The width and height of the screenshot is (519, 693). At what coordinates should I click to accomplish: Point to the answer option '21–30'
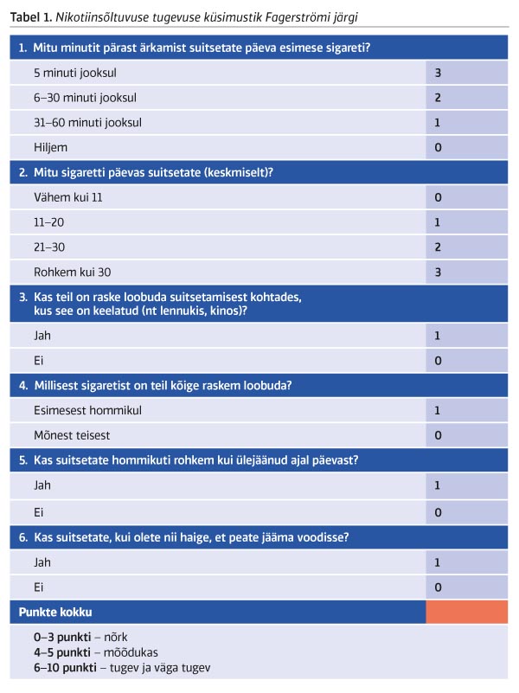point(49,247)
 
